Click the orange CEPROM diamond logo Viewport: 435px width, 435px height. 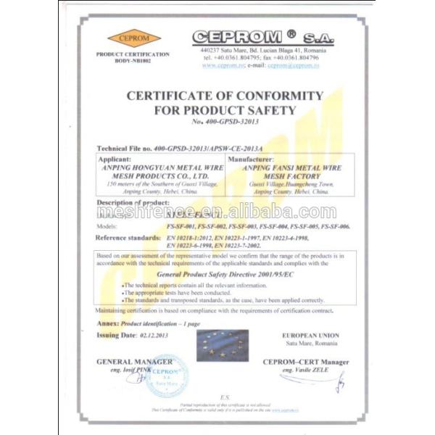coord(134,38)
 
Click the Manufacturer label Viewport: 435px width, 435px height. coord(253,157)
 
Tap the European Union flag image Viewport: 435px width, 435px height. coord(225,343)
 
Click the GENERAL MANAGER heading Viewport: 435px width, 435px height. coord(134,361)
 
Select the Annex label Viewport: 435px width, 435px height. coord(107,323)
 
